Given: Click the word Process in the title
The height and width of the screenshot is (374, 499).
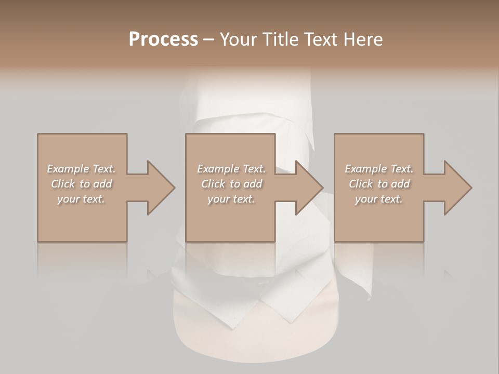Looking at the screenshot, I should click(163, 39).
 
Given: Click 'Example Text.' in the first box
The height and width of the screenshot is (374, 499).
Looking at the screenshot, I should click(81, 169).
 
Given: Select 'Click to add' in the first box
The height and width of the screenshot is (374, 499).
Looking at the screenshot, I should click(81, 184).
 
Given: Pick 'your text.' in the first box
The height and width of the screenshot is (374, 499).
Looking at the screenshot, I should click(81, 199).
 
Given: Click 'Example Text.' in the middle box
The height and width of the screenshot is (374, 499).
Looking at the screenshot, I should click(231, 169).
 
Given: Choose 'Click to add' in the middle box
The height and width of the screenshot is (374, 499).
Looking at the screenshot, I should click(231, 184).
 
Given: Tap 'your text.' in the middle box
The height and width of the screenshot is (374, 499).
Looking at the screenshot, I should click(231, 199).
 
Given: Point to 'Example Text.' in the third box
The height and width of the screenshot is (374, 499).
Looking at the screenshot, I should click(379, 169).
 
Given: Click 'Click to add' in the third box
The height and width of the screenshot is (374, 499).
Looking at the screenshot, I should click(379, 184).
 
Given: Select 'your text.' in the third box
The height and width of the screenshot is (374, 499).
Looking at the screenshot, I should click(379, 199).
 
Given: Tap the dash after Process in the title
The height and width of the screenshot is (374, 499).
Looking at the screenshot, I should click(209, 40).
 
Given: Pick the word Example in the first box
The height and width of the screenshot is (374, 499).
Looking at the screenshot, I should click(68, 169).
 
